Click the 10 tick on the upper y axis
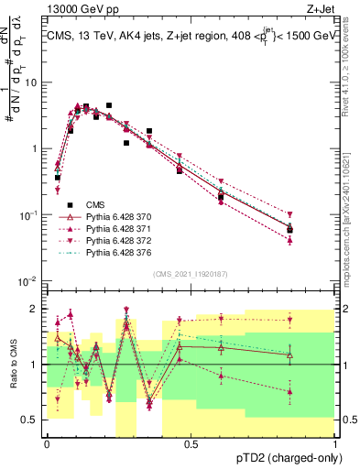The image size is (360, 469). tap(36, 82)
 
